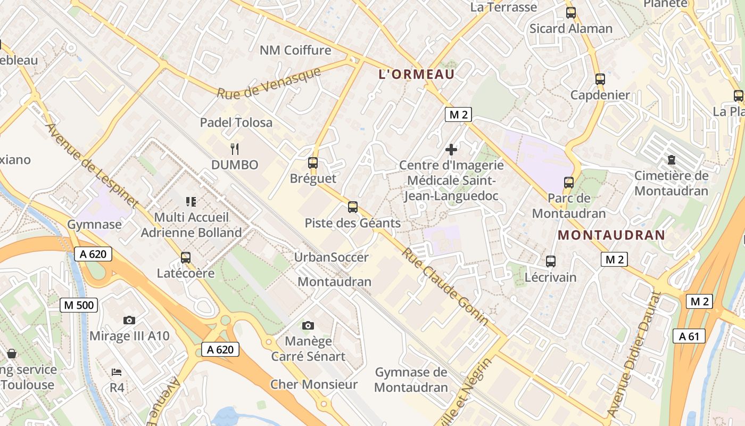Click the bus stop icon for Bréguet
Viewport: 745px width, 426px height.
(313, 163)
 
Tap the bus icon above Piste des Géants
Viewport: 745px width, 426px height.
(352, 207)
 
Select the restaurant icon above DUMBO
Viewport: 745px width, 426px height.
(235, 149)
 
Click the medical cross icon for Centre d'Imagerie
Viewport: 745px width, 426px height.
(451, 150)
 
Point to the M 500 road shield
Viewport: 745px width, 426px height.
(79, 305)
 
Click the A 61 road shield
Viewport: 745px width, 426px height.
(689, 336)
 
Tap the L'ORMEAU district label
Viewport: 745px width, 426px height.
(416, 75)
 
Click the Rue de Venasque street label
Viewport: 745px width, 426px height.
(269, 83)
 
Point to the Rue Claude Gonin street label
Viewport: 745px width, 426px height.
(444, 286)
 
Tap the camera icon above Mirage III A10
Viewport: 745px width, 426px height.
(129, 320)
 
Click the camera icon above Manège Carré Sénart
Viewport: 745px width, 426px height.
(308, 325)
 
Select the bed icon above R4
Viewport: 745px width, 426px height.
(117, 372)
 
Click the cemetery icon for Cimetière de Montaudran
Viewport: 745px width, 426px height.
(671, 160)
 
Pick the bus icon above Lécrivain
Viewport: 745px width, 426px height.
(551, 261)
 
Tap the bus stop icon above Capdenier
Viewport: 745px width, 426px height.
(600, 79)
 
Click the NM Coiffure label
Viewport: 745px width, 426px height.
(295, 51)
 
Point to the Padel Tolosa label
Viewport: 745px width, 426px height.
(236, 122)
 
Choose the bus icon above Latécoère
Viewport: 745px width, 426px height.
(185, 257)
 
